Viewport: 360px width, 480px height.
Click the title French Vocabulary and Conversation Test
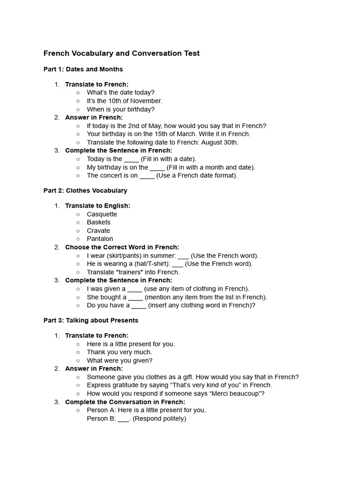[x=121, y=53]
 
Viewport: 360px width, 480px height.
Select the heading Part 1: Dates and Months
[x=83, y=69]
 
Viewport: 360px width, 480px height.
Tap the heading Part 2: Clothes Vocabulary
[x=85, y=191]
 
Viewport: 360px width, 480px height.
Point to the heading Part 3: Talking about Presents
[x=91, y=321]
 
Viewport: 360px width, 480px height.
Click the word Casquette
[x=102, y=214]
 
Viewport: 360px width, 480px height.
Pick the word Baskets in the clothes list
[x=98, y=222]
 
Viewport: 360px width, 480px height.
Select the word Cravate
[x=98, y=231]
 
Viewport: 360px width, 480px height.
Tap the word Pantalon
[x=100, y=239]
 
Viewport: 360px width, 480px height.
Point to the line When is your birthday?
[x=120, y=109]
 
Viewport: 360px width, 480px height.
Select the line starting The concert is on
[x=162, y=176]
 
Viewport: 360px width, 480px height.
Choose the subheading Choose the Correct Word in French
[x=122, y=247]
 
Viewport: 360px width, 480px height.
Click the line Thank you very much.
[x=120, y=352]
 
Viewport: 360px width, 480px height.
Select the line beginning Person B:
[x=136, y=419]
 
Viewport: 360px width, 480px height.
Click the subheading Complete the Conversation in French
[x=125, y=402]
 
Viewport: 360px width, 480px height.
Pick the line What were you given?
[x=120, y=360]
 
